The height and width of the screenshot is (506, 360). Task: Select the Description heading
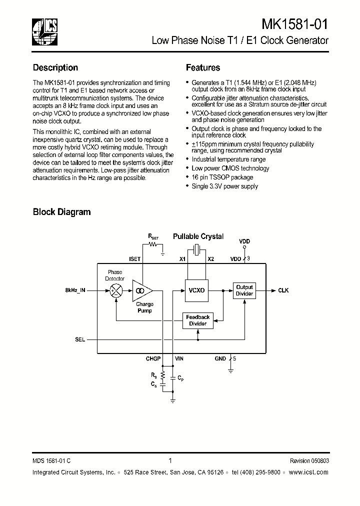coord(55,67)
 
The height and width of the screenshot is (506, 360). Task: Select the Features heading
coord(203,67)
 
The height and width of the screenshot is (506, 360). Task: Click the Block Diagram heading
coord(61,211)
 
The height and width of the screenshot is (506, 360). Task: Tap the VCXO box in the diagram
coord(196,290)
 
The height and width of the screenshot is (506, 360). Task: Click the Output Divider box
coord(244,290)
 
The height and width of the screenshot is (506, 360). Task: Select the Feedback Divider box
coord(197,320)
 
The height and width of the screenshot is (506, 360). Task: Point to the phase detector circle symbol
coord(116,290)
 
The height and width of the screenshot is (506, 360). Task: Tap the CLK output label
coord(283,290)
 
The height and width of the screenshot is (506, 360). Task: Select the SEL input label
coord(80,339)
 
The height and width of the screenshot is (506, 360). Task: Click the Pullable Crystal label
coord(198,236)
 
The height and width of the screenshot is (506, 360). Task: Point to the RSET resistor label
coord(152,235)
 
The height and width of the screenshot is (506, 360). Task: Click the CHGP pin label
coord(153,358)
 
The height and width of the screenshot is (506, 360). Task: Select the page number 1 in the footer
coord(170,461)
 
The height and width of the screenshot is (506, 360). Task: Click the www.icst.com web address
coord(309,472)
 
